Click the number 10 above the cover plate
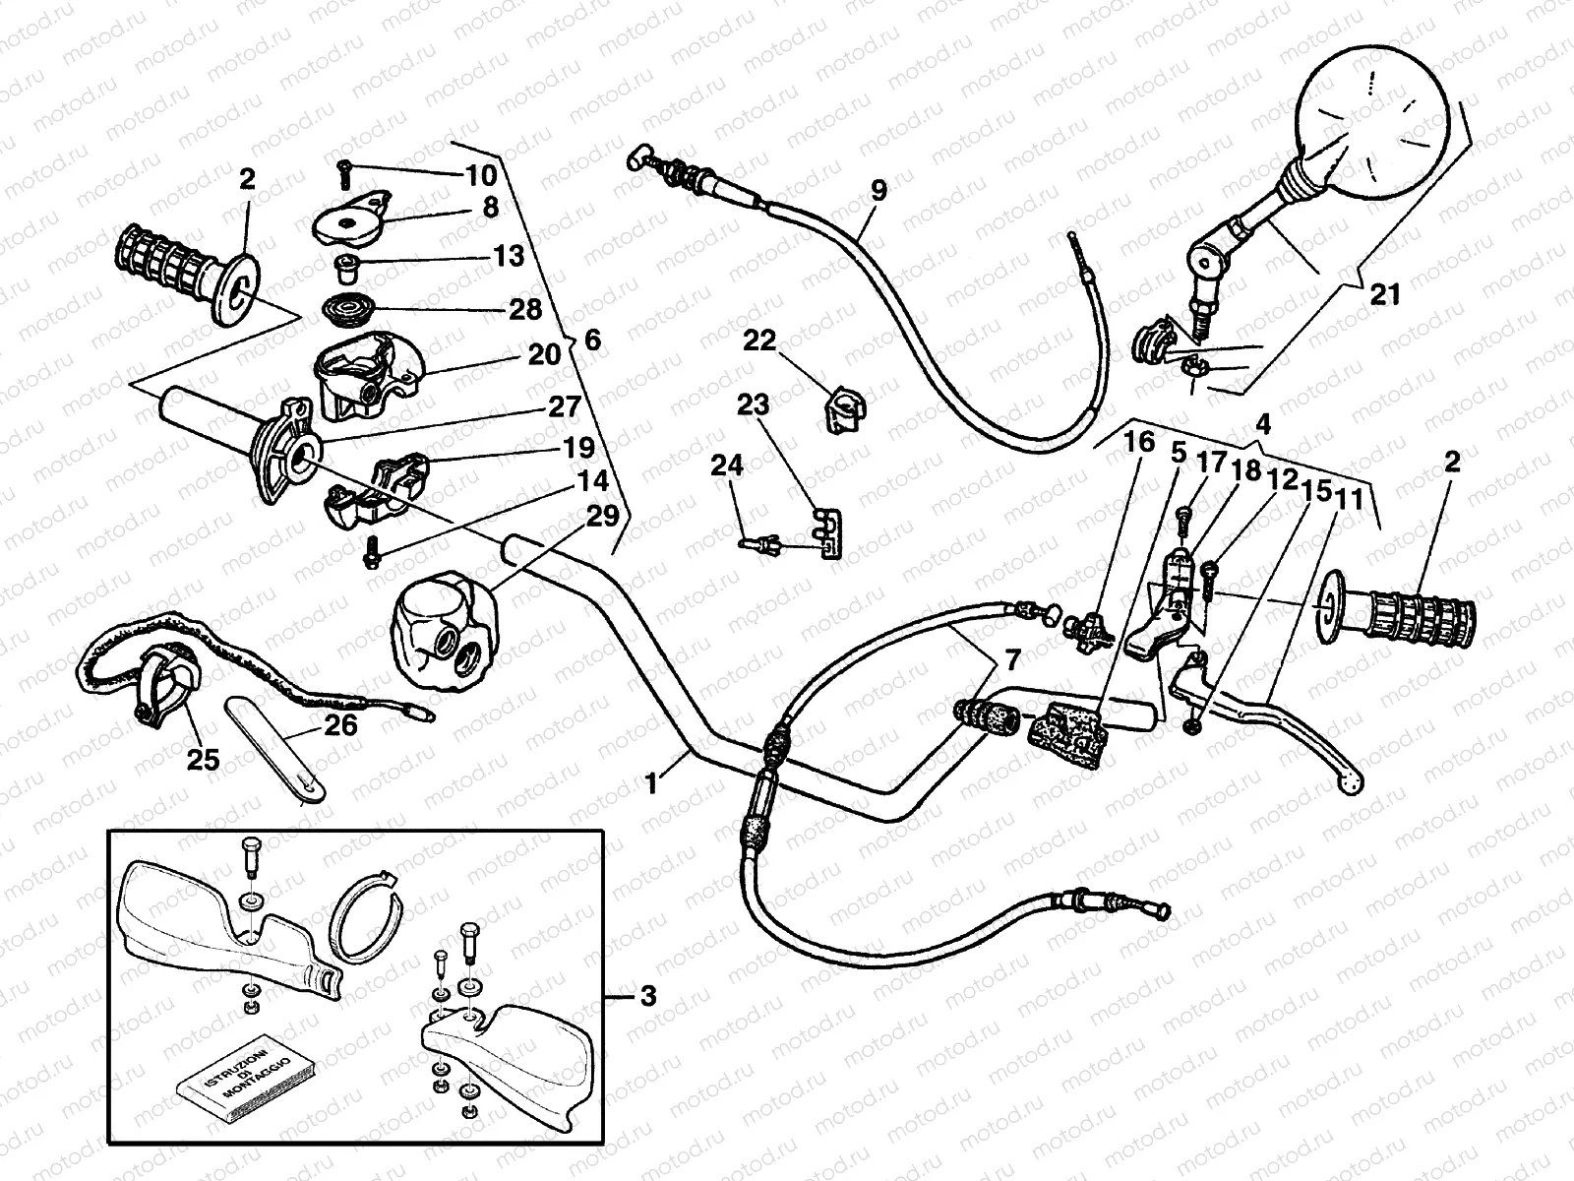[x=481, y=176]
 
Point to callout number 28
[x=525, y=309]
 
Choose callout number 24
[x=728, y=466]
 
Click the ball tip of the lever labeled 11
[x=1348, y=782]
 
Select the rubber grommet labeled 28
[x=349, y=309]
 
